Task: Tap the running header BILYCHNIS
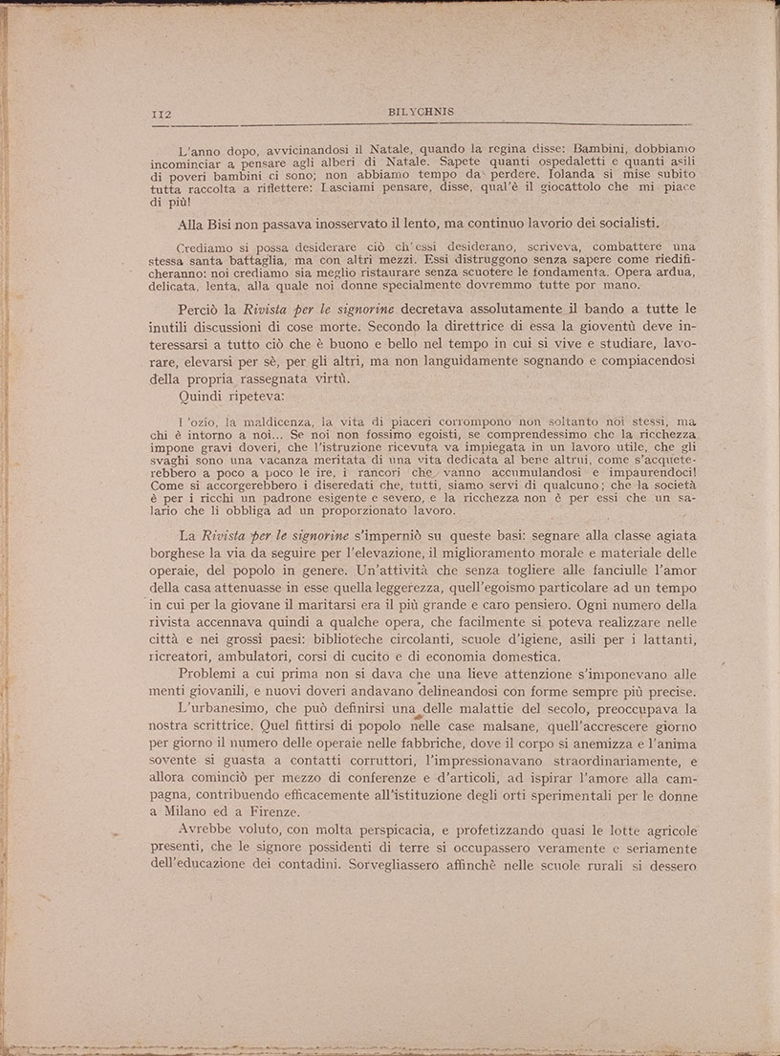422,112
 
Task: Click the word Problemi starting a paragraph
210,676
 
